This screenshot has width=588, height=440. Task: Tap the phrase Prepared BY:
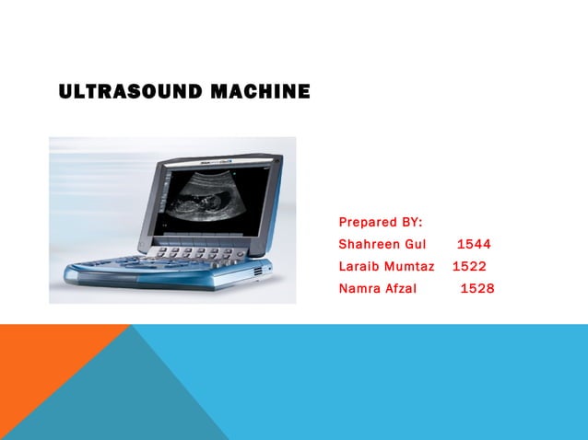381,223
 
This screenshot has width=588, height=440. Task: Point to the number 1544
474,245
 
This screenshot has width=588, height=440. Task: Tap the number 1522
469,267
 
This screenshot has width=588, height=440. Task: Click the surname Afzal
399,289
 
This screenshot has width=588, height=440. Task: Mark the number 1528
477,289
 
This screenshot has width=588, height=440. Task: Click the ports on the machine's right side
258,272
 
